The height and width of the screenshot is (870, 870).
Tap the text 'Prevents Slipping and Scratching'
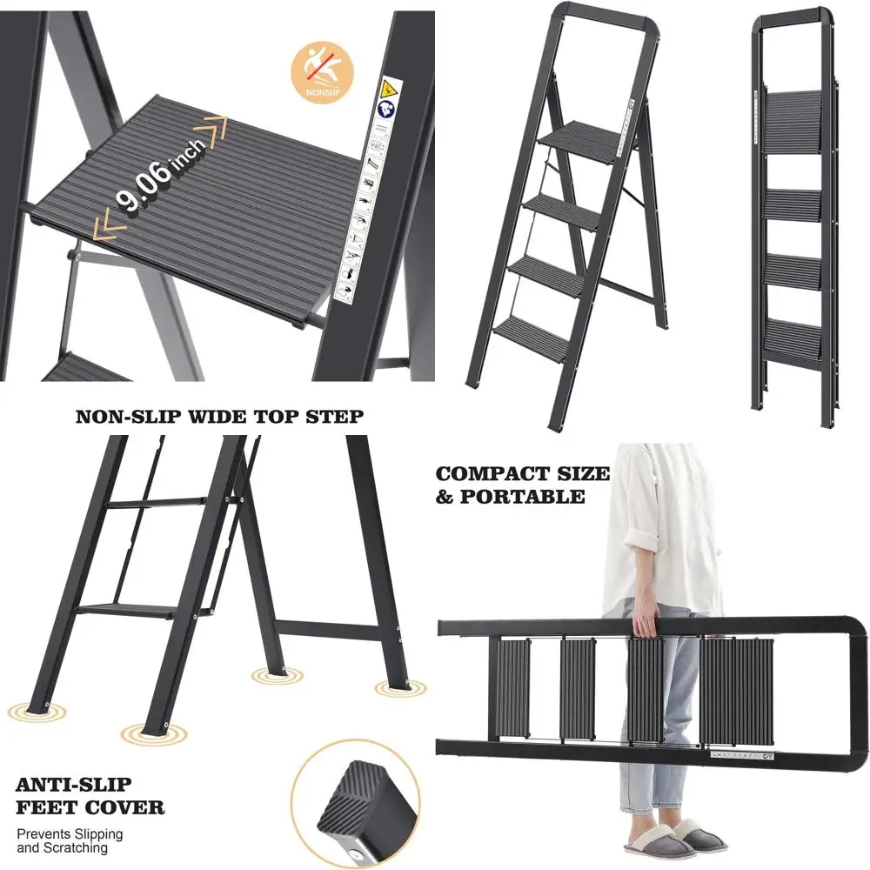point(70,840)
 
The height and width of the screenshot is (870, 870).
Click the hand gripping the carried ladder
point(645,621)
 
